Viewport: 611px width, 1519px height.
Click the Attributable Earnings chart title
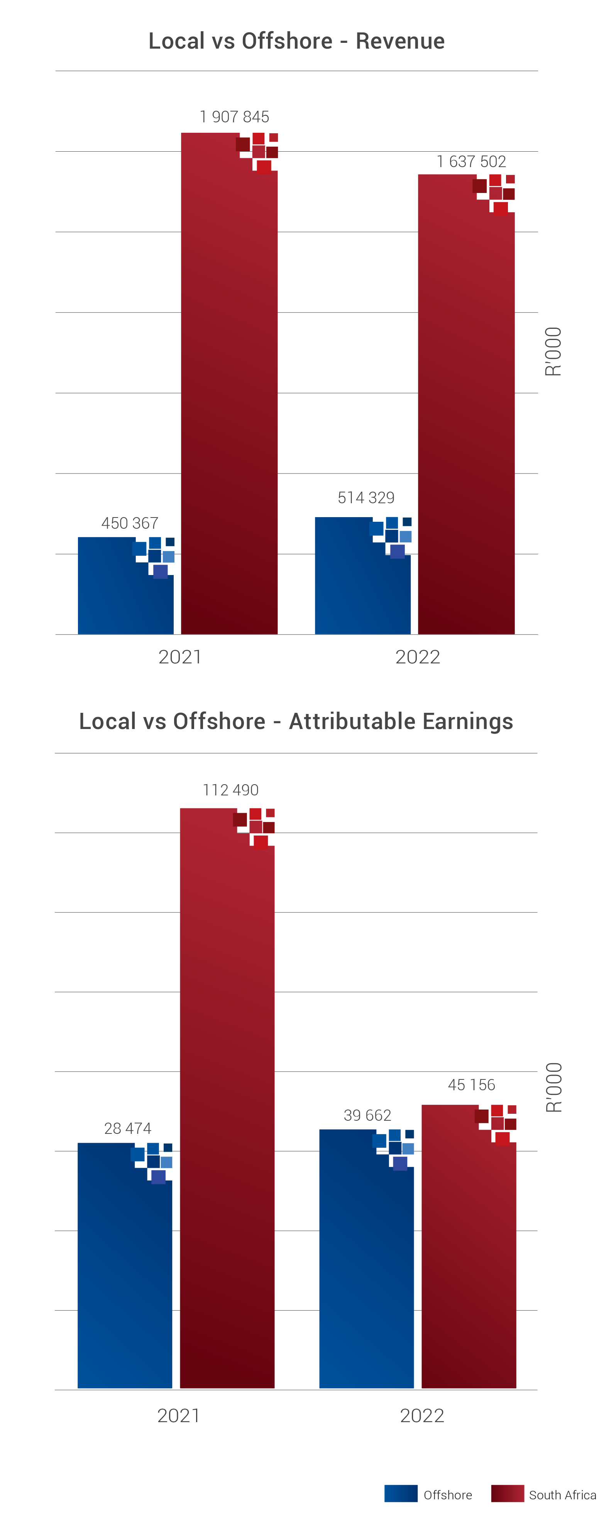[296, 721]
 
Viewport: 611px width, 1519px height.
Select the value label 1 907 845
[234, 117]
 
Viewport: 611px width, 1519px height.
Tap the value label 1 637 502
[471, 162]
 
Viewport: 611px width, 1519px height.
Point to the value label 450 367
[130, 523]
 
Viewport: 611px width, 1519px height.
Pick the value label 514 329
[366, 498]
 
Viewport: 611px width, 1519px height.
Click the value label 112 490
[230, 790]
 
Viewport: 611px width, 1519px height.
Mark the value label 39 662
[367, 1116]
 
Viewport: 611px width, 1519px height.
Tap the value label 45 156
[471, 1085]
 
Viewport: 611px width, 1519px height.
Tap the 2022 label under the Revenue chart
[418, 657]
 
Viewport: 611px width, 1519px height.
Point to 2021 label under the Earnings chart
[178, 1416]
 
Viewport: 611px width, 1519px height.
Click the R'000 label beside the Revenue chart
[553, 352]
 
